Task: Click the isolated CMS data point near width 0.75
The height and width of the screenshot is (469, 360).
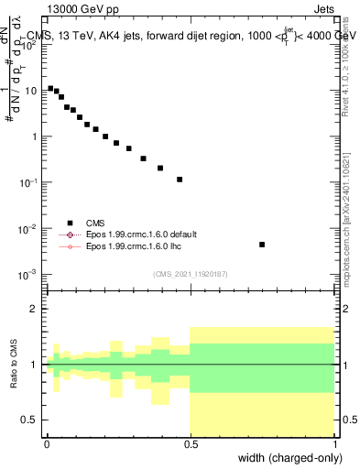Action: coord(262,245)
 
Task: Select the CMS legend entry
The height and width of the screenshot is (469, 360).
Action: coord(94,223)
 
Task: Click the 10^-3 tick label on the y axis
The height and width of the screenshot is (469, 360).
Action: coord(30,274)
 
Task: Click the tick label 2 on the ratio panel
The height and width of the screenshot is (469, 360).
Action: coord(36,309)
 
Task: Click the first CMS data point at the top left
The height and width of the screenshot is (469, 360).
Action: coord(49,88)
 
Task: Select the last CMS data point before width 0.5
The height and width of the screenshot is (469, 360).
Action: coord(180,180)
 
